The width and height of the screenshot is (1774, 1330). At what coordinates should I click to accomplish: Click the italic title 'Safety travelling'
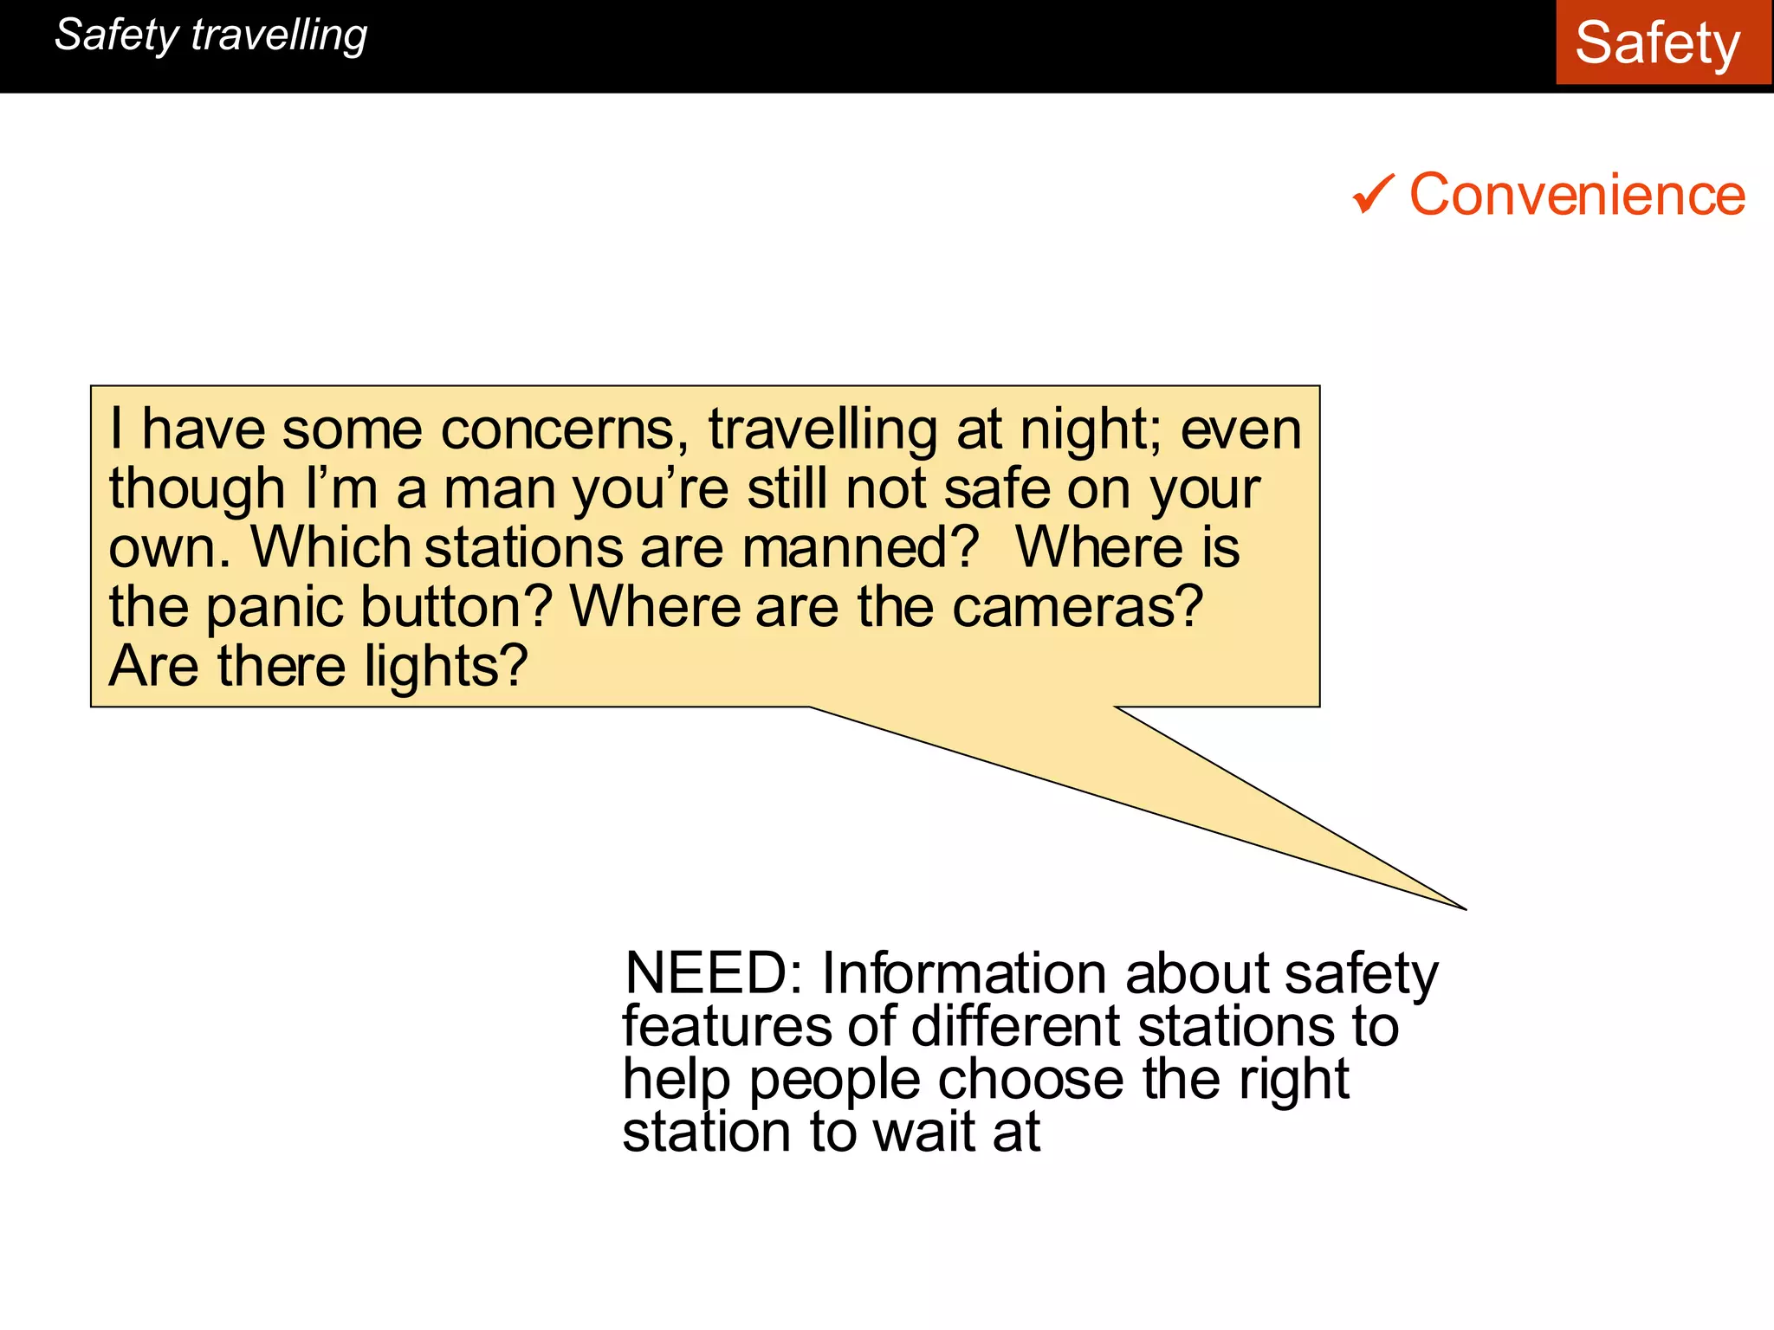tap(210, 36)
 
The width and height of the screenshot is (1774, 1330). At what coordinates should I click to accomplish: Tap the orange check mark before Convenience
tap(1373, 194)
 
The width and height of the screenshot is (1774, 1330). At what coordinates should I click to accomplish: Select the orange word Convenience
tap(1577, 194)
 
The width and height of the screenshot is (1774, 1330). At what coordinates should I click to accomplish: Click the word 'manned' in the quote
tap(859, 548)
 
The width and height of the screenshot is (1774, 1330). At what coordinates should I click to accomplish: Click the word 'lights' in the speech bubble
tap(445, 667)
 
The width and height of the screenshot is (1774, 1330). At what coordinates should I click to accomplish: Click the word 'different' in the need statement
tap(1015, 1027)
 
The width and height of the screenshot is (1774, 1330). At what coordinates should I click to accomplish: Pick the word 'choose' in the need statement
tap(1031, 1081)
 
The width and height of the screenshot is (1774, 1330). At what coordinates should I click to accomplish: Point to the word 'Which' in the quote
tap(330, 548)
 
